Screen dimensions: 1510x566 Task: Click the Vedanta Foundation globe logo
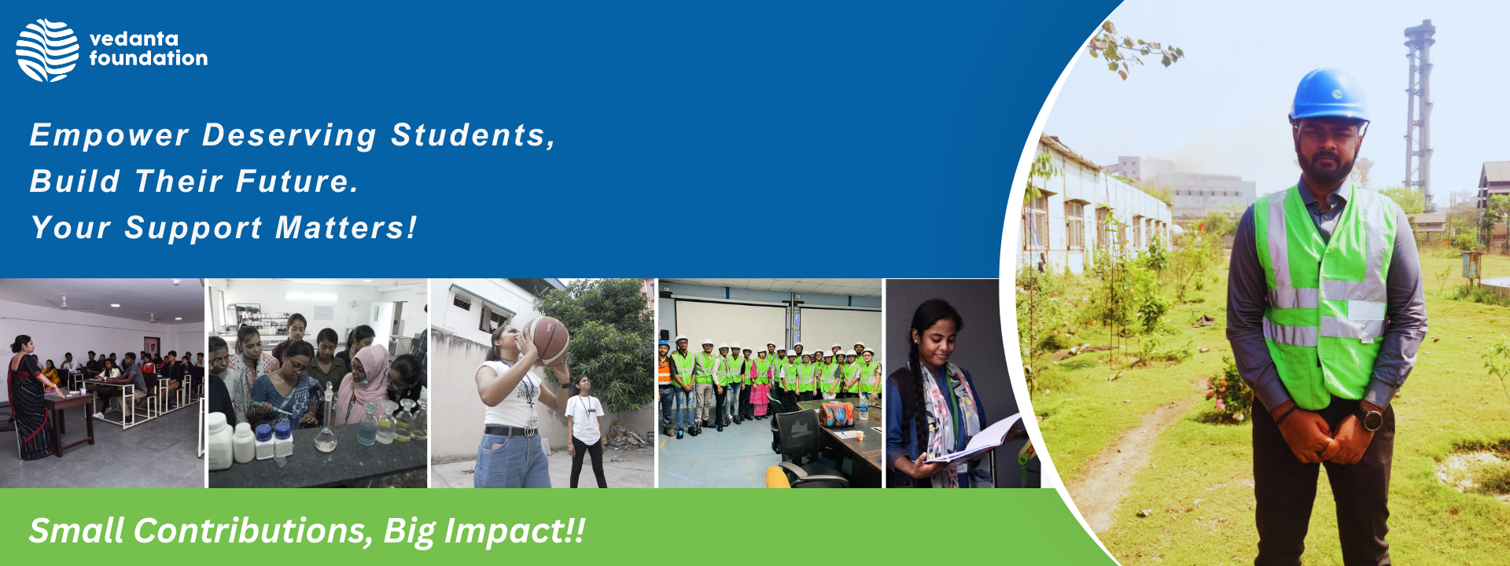coord(47,50)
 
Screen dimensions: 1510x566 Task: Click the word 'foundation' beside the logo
coord(149,58)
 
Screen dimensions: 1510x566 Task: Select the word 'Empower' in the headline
coord(109,136)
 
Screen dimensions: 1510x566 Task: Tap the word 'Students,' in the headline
coord(473,135)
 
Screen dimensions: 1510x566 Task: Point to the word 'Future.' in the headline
coord(297,182)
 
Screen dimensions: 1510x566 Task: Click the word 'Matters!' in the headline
coord(346,228)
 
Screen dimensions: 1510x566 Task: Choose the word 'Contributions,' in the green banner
coord(253,531)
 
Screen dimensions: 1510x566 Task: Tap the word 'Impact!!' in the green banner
coord(515,531)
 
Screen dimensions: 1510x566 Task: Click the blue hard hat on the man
coord(1329,95)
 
